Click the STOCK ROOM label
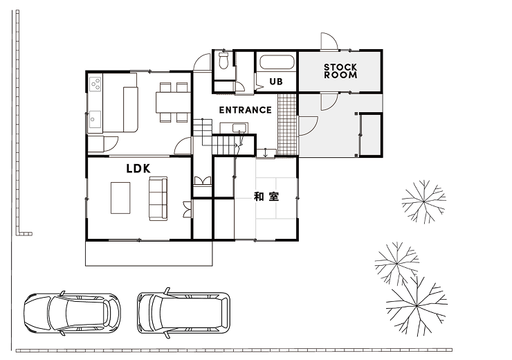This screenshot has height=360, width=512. pyautogui.click(x=340, y=71)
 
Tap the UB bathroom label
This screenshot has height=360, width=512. pyautogui.click(x=276, y=81)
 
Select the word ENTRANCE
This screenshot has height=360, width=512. pyautogui.click(x=245, y=110)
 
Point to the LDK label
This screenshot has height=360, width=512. pyautogui.click(x=138, y=168)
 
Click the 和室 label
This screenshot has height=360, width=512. pyautogui.click(x=266, y=197)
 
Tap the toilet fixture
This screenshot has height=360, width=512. pyautogui.click(x=223, y=60)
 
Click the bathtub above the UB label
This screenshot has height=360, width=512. pyautogui.click(x=277, y=62)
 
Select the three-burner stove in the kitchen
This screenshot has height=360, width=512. pyautogui.click(x=95, y=83)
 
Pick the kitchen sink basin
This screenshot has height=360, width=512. pyautogui.click(x=95, y=120)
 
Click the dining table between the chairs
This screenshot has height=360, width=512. pyautogui.click(x=173, y=102)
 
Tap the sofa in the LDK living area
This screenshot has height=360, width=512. pyautogui.click(x=158, y=198)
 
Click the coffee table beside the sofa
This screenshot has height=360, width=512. pyautogui.click(x=120, y=198)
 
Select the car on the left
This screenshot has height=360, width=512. pyautogui.click(x=72, y=314)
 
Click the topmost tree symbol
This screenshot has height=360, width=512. pyautogui.click(x=424, y=201)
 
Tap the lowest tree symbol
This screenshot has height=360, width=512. pyautogui.click(x=417, y=306)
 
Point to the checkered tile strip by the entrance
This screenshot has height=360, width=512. pyautogui.click(x=287, y=124)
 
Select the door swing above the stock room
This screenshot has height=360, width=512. pyautogui.click(x=329, y=42)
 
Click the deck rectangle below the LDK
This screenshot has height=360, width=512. pyautogui.click(x=149, y=253)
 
